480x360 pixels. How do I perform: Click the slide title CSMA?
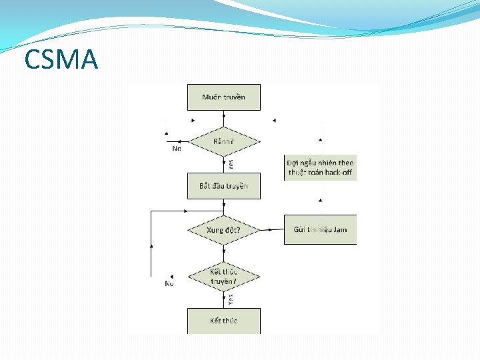click(61, 59)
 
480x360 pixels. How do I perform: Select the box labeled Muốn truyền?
click(224, 97)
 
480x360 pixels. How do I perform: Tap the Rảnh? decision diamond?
click(224, 141)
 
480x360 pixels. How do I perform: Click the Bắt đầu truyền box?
click(224, 186)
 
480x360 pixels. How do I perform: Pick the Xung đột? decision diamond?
click(224, 230)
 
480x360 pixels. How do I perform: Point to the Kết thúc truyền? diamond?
click(224, 276)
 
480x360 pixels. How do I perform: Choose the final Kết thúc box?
click(224, 321)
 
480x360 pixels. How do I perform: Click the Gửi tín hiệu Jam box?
click(320, 230)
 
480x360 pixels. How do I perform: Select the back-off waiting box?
click(320, 167)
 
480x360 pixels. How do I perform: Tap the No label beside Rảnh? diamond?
click(177, 149)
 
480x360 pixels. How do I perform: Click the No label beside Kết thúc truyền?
click(169, 284)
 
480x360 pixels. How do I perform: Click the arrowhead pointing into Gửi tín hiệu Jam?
click(271, 230)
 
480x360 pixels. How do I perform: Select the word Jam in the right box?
click(340, 230)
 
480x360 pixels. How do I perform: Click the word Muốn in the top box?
click(212, 97)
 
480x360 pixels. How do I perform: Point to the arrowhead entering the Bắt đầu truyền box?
click(224, 171)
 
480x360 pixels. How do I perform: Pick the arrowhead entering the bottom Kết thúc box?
click(224, 306)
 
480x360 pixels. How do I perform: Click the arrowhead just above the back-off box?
click(321, 140)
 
